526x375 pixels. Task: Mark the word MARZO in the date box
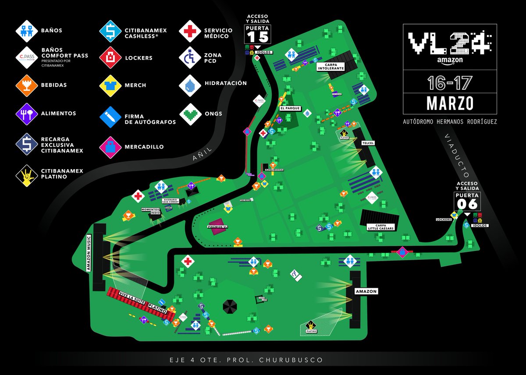point(450,103)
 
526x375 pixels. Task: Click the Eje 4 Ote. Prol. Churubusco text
point(246,360)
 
